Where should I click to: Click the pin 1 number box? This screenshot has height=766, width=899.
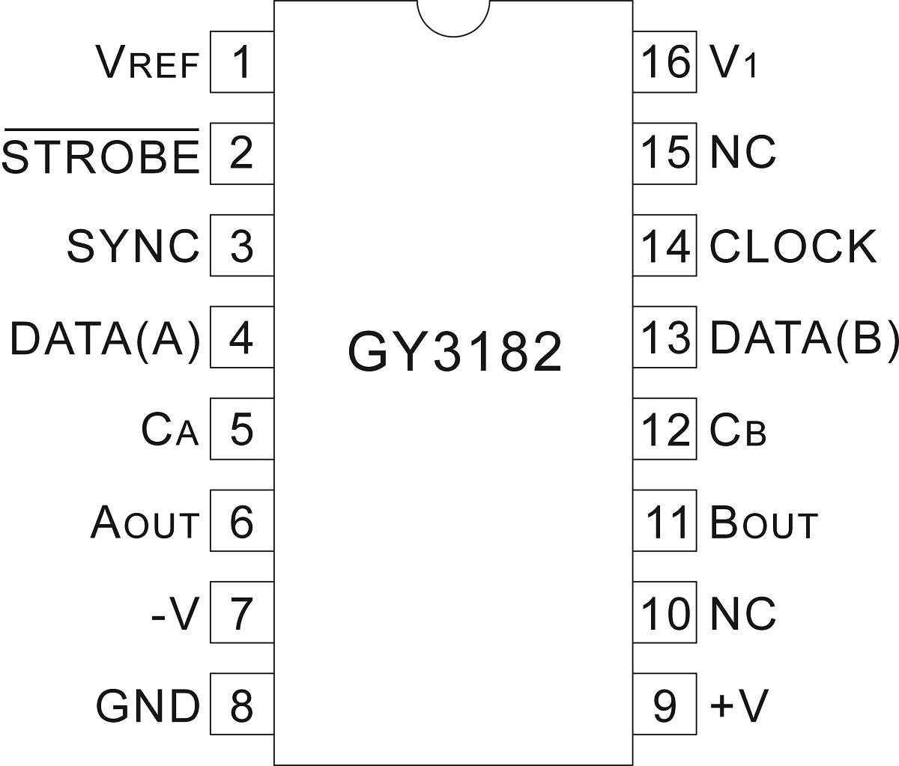pos(241,62)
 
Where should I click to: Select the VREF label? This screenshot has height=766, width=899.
pos(148,63)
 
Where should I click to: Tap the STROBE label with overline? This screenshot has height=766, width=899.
pos(101,154)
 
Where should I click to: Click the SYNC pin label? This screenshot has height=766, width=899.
pos(133,246)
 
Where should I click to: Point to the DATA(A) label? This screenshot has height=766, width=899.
pos(106,338)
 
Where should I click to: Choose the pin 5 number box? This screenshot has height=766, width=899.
pos(241,430)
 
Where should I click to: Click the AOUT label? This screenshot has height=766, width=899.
pos(145,523)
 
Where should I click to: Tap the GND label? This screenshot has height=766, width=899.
pos(148,705)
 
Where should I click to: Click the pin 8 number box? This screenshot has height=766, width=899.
pos(241,705)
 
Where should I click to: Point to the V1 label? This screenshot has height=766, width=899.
pos(733,63)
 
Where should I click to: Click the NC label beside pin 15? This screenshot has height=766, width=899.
pos(742,153)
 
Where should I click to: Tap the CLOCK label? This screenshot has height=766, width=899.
pos(793,246)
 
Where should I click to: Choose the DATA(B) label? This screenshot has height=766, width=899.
pos(803,338)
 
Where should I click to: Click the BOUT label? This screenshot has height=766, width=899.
pos(763,523)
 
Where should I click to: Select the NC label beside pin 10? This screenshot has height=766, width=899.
pos(742,614)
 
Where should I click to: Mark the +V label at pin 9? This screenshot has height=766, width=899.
pos(739,705)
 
